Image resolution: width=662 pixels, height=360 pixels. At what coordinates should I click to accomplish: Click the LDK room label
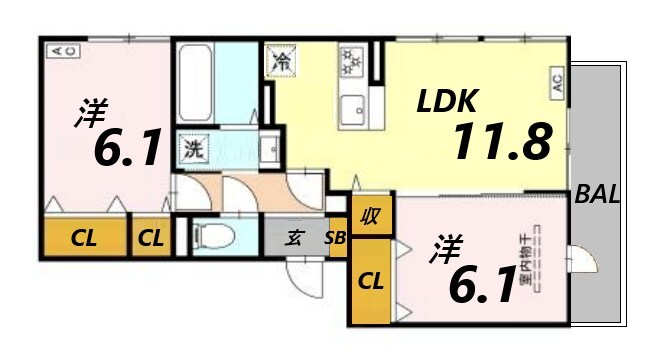448,101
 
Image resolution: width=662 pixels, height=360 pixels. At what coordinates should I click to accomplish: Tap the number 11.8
502,142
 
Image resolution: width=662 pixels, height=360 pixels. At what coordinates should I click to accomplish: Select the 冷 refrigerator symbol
280,61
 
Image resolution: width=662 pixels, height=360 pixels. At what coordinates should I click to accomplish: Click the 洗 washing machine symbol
192,151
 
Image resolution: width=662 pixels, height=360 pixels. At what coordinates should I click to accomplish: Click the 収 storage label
371,215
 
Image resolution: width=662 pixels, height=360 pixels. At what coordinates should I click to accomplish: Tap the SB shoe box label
334,238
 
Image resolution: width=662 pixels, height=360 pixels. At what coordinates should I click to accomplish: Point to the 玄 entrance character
295,238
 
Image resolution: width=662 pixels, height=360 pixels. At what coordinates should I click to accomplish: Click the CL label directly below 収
370,280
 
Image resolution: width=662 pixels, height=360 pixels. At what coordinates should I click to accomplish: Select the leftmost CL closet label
83,238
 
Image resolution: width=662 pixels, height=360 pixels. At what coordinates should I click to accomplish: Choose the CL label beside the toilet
152,238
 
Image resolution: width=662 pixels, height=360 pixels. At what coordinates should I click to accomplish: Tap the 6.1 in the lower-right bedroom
481,286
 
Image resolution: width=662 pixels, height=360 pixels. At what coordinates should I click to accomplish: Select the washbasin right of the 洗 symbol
267,151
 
